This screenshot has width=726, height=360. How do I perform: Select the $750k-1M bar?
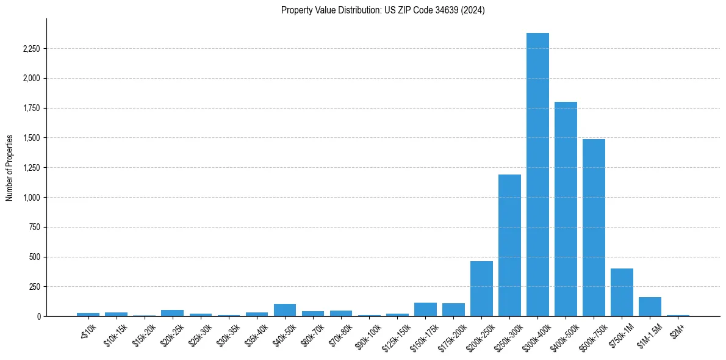[x=622, y=292]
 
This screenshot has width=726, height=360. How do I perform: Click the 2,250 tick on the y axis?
[x=31, y=49]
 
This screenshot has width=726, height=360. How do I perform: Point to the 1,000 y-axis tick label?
[x=31, y=198]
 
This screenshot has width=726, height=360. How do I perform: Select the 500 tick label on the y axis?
[x=34, y=257]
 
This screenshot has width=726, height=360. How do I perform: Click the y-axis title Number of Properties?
[x=10, y=167]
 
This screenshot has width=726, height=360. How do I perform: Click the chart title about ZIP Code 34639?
[x=383, y=10]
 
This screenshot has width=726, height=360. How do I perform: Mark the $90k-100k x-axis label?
[x=367, y=334]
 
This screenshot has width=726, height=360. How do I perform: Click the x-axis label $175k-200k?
[x=451, y=335]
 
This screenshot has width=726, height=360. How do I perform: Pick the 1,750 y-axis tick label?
[x=31, y=108]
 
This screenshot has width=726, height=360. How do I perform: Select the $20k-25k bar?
[x=173, y=313]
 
